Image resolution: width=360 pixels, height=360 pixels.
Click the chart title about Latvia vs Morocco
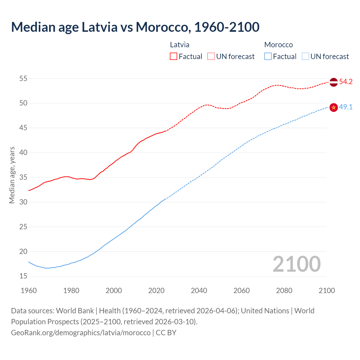[135, 27]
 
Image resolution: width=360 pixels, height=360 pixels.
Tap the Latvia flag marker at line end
[334, 82]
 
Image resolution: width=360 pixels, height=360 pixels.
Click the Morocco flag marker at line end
[334, 107]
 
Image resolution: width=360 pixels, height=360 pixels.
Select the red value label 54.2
[346, 82]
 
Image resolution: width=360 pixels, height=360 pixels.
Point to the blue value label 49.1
[346, 107]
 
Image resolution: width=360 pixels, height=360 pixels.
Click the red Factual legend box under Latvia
[174, 57]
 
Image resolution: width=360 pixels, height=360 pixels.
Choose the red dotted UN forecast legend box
[211, 57]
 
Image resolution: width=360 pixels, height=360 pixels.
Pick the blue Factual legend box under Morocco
[268, 57]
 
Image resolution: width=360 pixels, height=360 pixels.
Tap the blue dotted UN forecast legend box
[305, 57]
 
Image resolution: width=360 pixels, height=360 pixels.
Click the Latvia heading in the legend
[179, 45]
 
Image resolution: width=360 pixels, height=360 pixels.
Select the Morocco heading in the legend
[278, 45]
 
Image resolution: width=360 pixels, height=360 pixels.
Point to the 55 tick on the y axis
[23, 78]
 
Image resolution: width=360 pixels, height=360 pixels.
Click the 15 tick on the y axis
[23, 276]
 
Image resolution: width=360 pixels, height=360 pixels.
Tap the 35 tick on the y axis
[23, 177]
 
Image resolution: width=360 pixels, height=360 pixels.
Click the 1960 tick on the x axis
[29, 291]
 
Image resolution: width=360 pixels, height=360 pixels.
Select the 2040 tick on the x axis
[199, 291]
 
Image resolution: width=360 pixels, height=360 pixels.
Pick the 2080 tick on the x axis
[284, 291]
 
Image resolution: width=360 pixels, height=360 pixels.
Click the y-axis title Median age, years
[12, 175]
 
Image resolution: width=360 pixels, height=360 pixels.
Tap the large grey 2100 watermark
[296, 264]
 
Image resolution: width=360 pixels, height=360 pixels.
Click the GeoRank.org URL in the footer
[81, 333]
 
